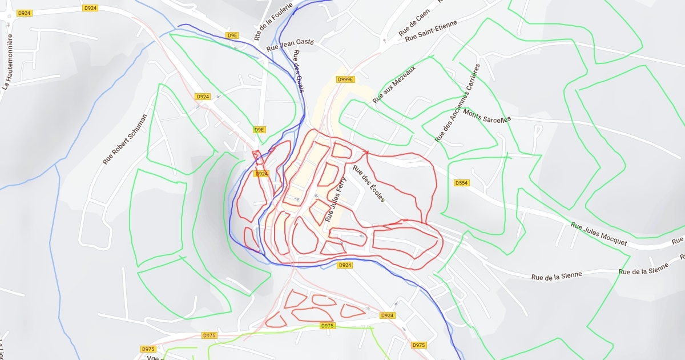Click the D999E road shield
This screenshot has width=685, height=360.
pos(346,79)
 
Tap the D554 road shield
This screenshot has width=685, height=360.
pos(461,183)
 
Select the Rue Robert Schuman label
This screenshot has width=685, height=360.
pos(124,139)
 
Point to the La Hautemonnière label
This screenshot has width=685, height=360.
pos(7,62)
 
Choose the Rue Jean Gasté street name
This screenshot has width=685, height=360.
pos(291,44)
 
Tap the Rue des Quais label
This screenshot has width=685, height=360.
pos(299,70)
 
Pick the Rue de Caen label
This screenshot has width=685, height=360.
pos(414,23)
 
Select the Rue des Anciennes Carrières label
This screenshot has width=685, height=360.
pos(458,102)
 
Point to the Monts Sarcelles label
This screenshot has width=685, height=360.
pos(487,116)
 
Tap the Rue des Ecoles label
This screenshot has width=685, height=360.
pos(369,184)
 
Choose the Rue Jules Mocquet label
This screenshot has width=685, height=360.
pos(598,234)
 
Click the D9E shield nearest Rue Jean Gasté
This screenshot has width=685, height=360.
pos(232,35)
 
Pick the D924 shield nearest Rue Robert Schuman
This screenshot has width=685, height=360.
pos(203,97)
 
